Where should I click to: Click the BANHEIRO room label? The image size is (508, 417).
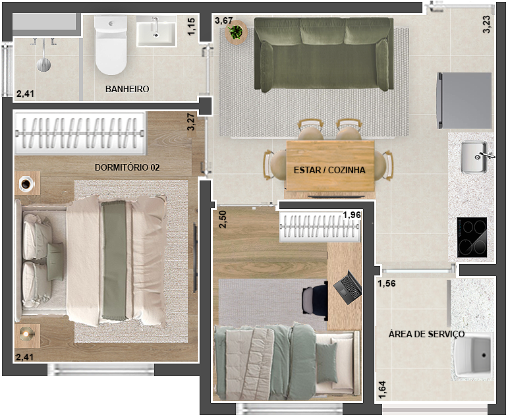(x=127, y=89)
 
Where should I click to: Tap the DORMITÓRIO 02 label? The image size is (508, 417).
(x=127, y=167)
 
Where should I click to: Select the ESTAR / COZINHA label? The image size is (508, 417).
(x=329, y=170)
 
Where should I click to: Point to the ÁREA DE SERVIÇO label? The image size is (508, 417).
(x=426, y=334)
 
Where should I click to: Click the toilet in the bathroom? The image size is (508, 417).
(x=111, y=45)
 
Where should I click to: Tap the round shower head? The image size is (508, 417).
(x=43, y=65)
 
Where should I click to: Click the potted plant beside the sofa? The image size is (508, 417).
(x=235, y=32)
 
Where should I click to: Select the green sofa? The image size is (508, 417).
(x=324, y=55)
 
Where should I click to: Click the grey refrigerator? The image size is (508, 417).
(x=464, y=100)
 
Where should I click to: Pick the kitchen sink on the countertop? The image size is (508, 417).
(x=474, y=157)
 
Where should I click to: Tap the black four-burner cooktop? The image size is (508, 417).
(x=472, y=238)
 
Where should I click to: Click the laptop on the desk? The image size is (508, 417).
(x=348, y=287)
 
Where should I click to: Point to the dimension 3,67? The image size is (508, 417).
(x=223, y=20)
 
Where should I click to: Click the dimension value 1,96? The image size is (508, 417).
(x=352, y=215)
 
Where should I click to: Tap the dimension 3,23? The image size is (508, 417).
(x=486, y=24)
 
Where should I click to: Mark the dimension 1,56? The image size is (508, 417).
(x=387, y=283)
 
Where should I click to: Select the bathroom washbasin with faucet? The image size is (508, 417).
(x=156, y=31)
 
